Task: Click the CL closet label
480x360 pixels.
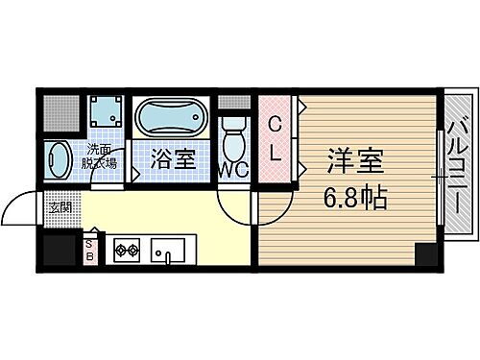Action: pyautogui.click(x=275, y=139)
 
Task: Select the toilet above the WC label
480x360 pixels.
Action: pyautogui.click(x=232, y=141)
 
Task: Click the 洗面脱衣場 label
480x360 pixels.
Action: pyautogui.click(x=102, y=156)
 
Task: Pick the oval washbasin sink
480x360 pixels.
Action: pyautogui.click(x=59, y=159)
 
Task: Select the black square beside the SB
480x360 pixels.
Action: pyautogui.click(x=59, y=250)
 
